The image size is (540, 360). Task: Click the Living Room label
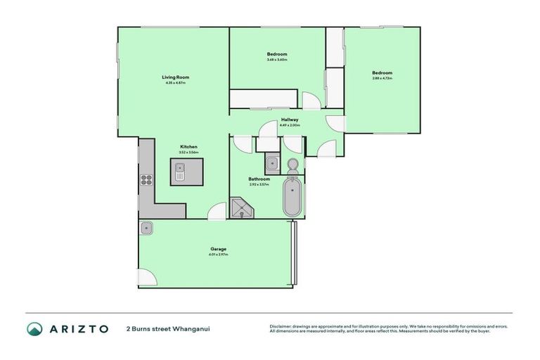tap(175, 77)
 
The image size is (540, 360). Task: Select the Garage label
tap(218, 249)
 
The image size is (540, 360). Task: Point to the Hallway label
tap(290, 120)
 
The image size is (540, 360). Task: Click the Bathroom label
tap(259, 179)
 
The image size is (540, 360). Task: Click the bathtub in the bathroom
tap(292, 198)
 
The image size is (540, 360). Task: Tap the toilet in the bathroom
tap(292, 165)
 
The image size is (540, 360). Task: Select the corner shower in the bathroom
tap(242, 208)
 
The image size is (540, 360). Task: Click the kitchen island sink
tap(180, 171)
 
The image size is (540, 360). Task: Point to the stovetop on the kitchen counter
tap(146, 179)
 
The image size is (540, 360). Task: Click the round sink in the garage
tap(147, 228)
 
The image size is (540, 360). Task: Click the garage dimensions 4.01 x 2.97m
tap(218, 255)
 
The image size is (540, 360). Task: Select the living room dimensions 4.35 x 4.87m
tap(175, 83)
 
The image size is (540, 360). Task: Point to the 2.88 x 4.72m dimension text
tap(382, 78)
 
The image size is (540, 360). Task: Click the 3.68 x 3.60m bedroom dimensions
tap(277, 60)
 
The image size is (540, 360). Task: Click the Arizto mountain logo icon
tap(35, 328)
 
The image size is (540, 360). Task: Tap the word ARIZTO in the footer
tap(78, 328)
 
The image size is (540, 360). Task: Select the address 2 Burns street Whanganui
tap(168, 328)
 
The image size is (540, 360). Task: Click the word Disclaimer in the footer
tap(281, 326)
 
